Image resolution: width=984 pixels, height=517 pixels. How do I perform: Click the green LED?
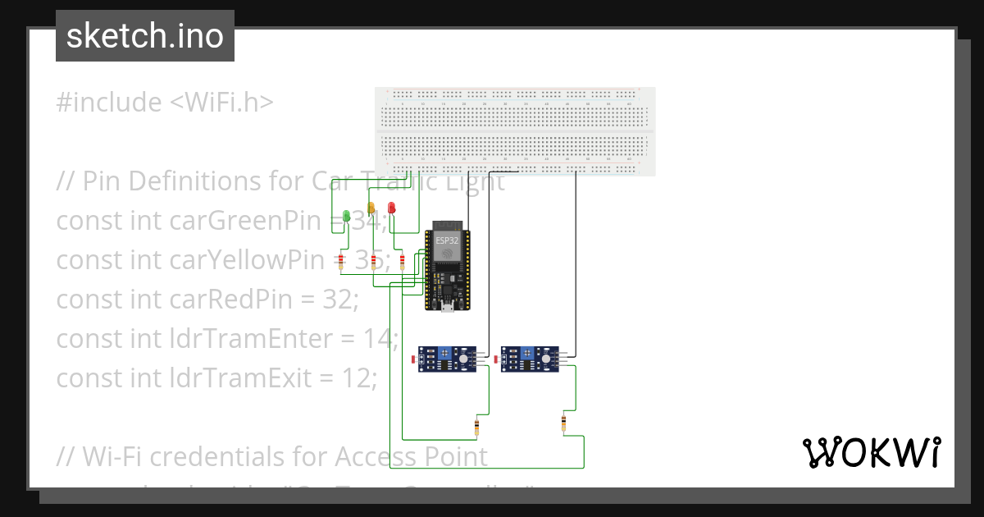click(347, 216)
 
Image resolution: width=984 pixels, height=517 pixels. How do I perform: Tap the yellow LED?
click(371, 208)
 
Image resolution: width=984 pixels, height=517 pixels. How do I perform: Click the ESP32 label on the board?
click(447, 240)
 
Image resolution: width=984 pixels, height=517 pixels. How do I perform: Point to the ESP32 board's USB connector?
click(447, 307)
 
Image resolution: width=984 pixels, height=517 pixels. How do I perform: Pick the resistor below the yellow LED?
click(374, 262)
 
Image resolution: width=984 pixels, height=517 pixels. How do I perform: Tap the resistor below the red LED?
click(401, 262)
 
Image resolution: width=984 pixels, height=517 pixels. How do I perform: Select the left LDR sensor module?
click(447, 359)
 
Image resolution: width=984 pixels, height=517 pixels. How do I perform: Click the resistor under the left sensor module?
click(477, 426)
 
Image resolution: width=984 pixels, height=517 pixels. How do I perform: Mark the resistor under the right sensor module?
click(563, 423)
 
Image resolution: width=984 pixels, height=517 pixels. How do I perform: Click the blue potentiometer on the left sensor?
click(444, 354)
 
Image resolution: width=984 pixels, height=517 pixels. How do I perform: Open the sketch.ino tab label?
click(145, 36)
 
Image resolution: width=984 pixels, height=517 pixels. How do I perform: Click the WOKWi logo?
click(871, 452)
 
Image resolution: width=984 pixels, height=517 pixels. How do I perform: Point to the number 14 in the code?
click(382, 338)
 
